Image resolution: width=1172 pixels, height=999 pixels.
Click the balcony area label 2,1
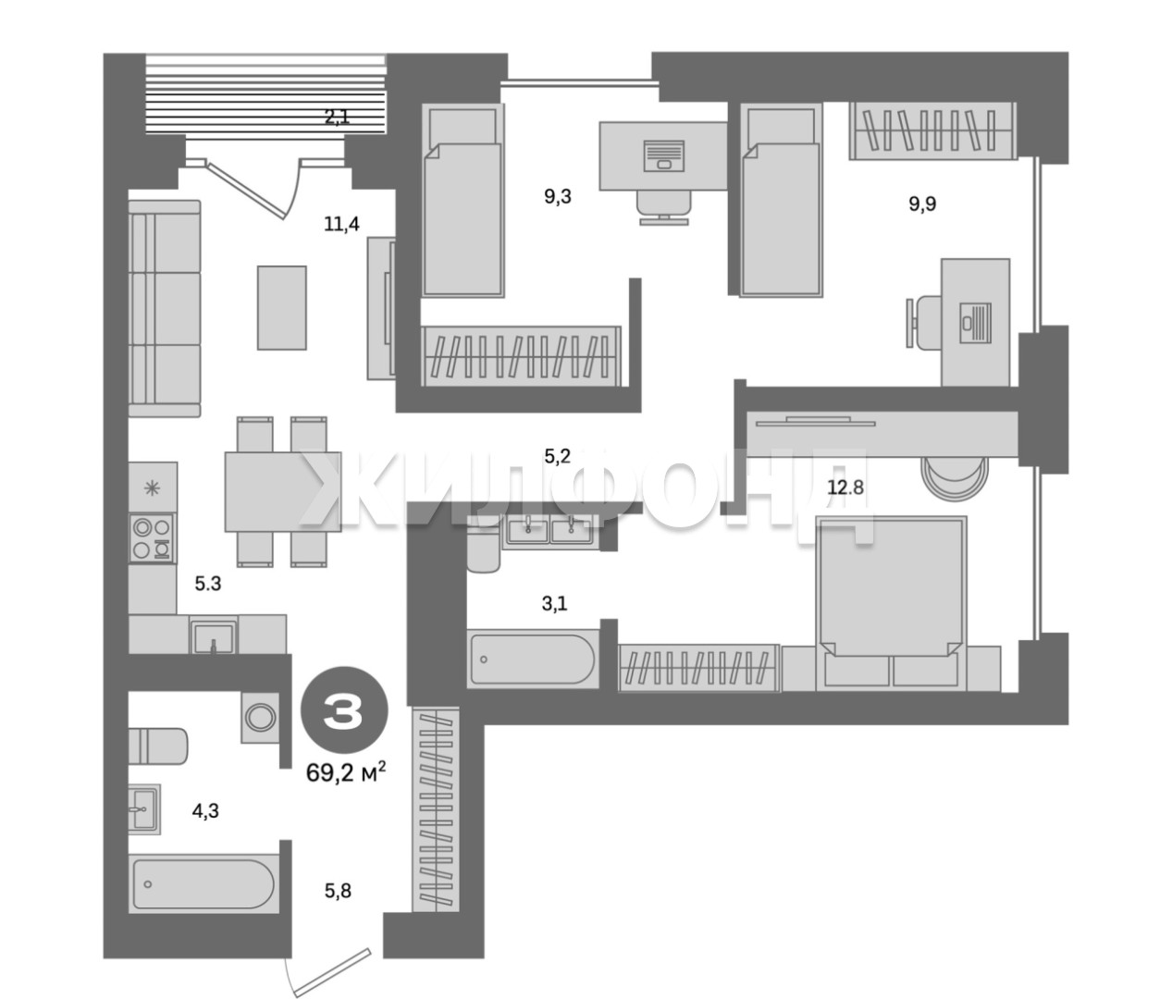pos(337,117)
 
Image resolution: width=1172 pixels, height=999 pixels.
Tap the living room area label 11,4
pos(341,224)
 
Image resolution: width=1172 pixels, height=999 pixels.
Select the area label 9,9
pos(922,203)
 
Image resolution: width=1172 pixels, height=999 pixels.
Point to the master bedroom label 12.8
pos(845,487)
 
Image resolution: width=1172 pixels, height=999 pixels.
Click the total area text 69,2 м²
pos(346,771)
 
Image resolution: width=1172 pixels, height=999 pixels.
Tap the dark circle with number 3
pos(344,710)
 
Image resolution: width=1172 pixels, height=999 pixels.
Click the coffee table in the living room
pos(282,308)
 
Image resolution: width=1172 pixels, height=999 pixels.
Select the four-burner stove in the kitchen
pos(152,537)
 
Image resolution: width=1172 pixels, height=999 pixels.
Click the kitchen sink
pos(213,637)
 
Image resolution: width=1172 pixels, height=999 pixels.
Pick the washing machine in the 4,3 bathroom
pos(261,718)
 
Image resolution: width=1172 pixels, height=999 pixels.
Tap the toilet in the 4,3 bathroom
pos(157,746)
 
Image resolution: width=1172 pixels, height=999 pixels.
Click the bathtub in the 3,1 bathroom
pos(533,660)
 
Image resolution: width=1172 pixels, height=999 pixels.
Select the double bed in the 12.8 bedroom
pos(891,603)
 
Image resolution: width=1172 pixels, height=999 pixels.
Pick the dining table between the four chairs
pos(283,491)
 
